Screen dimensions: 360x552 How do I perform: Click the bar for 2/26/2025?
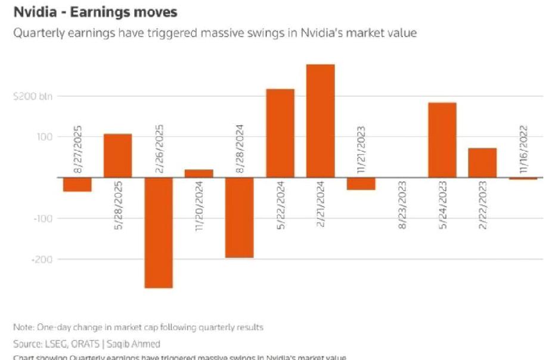click(159, 232)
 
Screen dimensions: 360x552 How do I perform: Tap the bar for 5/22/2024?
click(280, 133)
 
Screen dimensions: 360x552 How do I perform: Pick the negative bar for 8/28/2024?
click(240, 218)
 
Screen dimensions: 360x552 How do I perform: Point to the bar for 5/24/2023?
click(442, 140)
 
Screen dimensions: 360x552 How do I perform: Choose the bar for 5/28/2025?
click(118, 156)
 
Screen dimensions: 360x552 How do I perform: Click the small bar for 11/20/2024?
click(199, 173)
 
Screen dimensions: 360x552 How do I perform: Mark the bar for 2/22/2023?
click(482, 163)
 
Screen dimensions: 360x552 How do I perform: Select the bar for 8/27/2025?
click(77, 184)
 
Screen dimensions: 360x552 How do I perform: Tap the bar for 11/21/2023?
click(361, 184)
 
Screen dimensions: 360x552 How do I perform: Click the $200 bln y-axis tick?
click(33, 96)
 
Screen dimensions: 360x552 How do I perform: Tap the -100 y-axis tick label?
click(44, 219)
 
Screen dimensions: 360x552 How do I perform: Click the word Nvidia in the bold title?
click(34, 11)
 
